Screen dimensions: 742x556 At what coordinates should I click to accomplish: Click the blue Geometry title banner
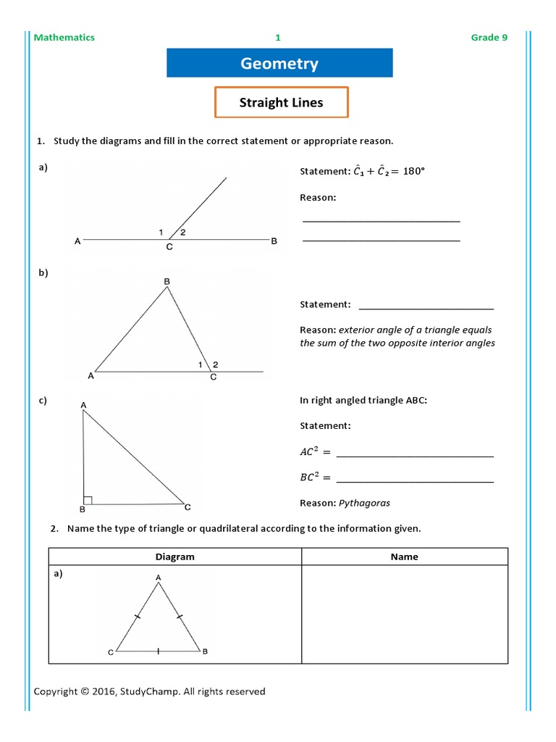(279, 63)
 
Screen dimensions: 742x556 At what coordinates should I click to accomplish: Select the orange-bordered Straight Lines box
(281, 102)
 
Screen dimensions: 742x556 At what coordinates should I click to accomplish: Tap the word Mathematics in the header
(64, 38)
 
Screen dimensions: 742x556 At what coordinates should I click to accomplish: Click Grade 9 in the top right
(489, 38)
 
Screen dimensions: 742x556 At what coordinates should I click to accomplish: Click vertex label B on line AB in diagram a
(274, 241)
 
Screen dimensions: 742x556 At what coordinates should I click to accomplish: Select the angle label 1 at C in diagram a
(161, 232)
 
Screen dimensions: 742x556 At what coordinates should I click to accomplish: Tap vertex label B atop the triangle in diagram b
(167, 280)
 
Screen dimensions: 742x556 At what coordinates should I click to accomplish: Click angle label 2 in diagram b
(215, 364)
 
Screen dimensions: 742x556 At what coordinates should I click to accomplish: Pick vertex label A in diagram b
(90, 375)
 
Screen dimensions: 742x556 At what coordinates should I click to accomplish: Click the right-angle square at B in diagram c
(88, 499)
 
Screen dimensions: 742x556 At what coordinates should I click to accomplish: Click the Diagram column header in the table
(175, 556)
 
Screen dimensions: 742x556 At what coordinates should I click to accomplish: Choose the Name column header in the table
(405, 556)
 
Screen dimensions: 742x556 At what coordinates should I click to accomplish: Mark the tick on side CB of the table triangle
(159, 651)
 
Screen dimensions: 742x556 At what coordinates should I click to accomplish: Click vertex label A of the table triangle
(158, 577)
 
